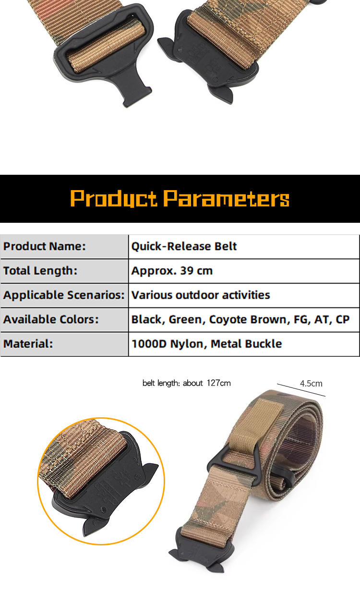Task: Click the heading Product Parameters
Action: (x=180, y=198)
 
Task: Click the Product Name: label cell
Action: (x=45, y=246)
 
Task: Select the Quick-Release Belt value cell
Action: (x=184, y=246)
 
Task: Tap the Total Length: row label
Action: (x=40, y=271)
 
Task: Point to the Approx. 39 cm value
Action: (x=172, y=271)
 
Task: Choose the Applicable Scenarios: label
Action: (x=64, y=295)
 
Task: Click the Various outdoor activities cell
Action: (x=201, y=295)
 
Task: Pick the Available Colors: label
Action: (x=51, y=319)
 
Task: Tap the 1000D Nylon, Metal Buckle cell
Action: (x=206, y=344)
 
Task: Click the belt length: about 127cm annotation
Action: (x=186, y=383)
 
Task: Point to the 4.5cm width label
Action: (x=311, y=384)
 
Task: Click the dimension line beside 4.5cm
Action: (x=301, y=390)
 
